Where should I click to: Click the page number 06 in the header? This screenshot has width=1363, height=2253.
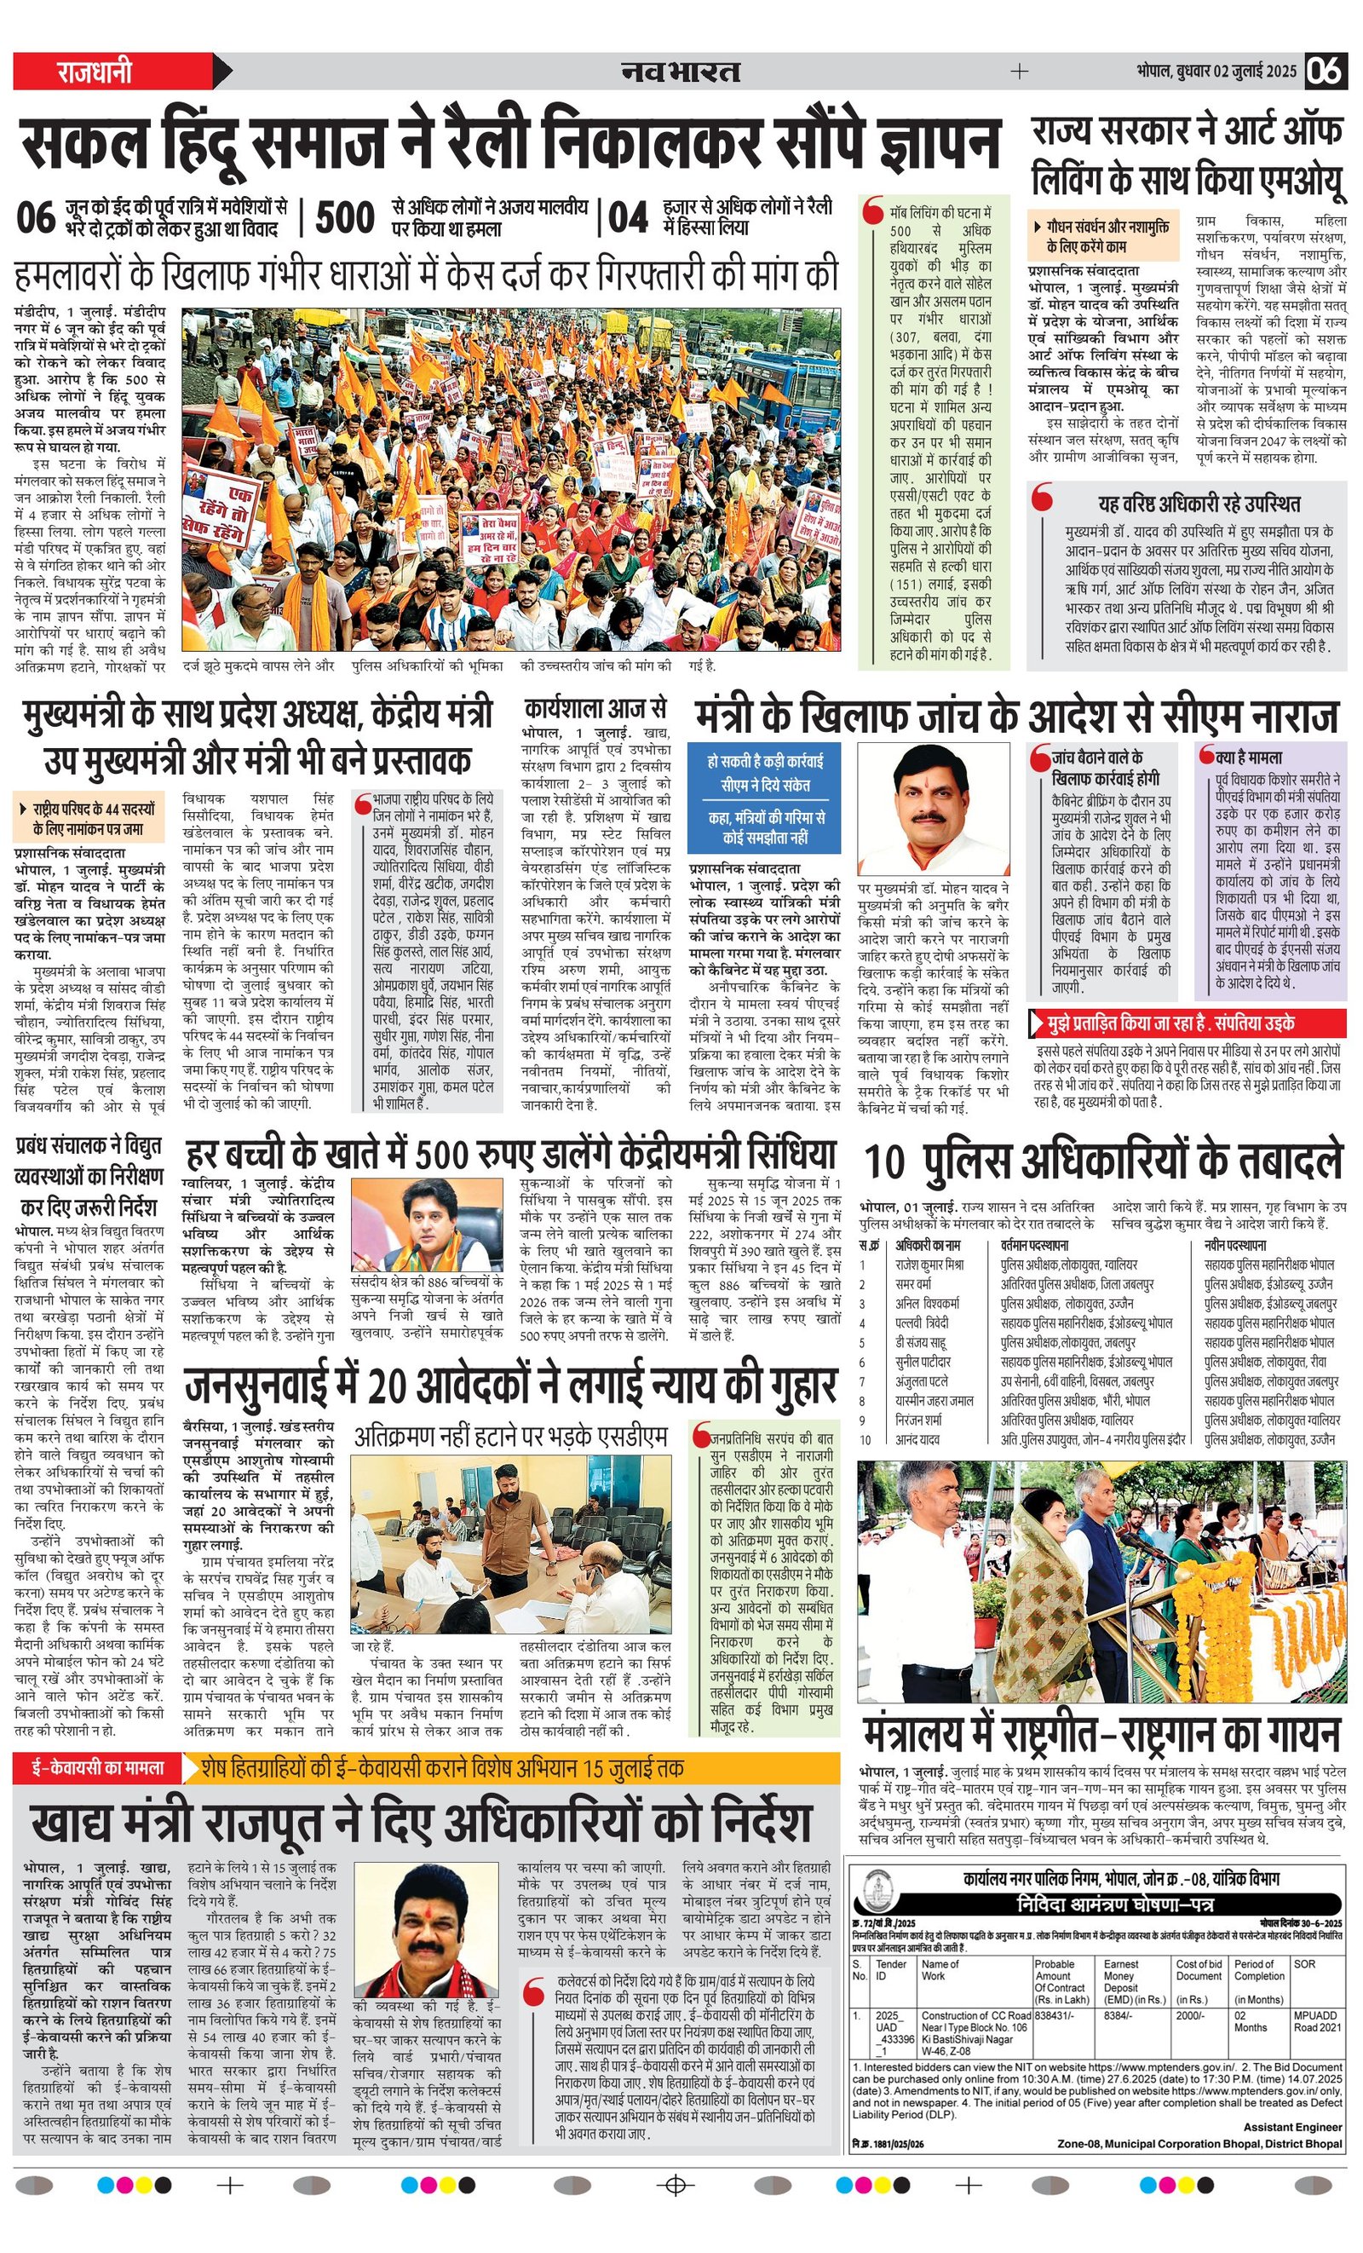(1324, 71)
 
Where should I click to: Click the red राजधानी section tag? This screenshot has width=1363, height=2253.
(95, 72)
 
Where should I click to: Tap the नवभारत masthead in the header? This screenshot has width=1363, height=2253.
(681, 72)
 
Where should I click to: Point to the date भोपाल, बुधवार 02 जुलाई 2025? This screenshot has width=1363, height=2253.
(1216, 72)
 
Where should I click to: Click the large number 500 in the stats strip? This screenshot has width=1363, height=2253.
(345, 218)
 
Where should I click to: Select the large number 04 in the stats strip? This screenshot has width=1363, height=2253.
(628, 218)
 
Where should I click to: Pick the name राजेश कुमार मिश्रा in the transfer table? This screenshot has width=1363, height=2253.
(929, 1265)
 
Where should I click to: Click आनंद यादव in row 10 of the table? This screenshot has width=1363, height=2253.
(917, 1439)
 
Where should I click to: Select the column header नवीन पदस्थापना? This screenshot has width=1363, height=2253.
(1235, 1245)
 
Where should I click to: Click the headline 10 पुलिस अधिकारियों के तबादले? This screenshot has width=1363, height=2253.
(1103, 1161)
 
